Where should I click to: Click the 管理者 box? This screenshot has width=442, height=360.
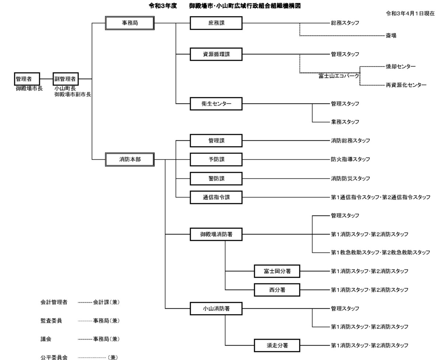click(x=27, y=79)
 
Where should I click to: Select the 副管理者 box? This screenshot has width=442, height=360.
click(x=66, y=79)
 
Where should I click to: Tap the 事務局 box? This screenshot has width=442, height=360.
click(x=130, y=23)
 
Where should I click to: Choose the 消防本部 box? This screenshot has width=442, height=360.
click(x=130, y=160)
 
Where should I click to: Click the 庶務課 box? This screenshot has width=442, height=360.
click(x=216, y=23)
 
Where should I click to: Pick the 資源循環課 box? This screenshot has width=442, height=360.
click(x=216, y=54)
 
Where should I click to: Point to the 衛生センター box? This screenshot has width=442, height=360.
click(x=216, y=104)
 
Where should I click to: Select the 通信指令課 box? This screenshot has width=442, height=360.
click(x=216, y=197)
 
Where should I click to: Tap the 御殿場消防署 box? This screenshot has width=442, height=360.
click(x=216, y=234)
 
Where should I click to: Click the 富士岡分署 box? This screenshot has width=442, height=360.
click(x=277, y=271)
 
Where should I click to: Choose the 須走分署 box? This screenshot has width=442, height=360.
click(x=277, y=346)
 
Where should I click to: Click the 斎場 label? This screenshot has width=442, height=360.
click(x=391, y=36)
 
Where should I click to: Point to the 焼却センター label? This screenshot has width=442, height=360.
click(x=401, y=66)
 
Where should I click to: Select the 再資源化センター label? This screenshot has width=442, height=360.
click(x=406, y=85)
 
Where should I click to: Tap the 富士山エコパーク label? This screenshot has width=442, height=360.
click(x=339, y=76)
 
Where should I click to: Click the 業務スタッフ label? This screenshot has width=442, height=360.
click(x=345, y=122)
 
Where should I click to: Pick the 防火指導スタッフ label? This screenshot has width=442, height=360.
click(x=350, y=159)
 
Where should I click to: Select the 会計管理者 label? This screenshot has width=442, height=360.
click(x=54, y=302)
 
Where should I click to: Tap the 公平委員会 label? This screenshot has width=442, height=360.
click(x=54, y=357)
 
